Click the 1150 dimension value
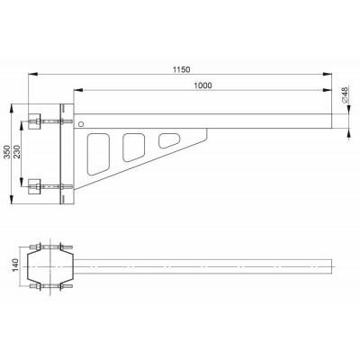[x=182, y=69]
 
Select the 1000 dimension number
[x=202, y=85]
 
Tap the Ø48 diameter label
[x=345, y=94]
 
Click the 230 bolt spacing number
[x=16, y=152]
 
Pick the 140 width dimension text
[x=15, y=265]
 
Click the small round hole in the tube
[x=81, y=124]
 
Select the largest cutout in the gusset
[x=98, y=154]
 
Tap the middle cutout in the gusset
[x=134, y=147]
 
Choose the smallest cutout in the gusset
[x=169, y=140]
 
